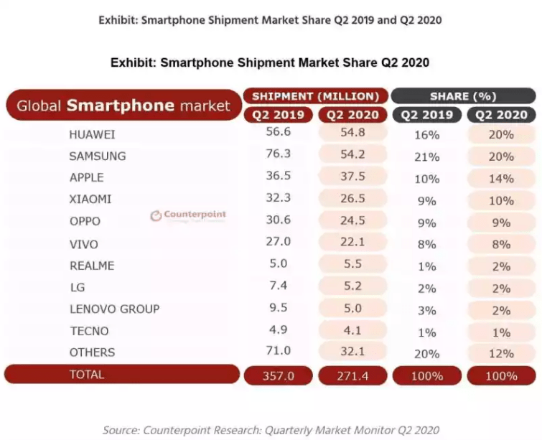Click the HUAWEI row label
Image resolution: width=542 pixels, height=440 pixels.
[92, 134]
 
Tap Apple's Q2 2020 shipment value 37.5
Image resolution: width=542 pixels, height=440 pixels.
[352, 177]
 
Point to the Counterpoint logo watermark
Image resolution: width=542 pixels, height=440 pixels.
[187, 215]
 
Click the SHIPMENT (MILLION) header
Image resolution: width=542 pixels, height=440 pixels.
[316, 96]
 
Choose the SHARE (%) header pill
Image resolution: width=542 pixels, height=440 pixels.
[463, 96]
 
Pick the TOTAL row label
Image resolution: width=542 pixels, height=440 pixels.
[86, 374]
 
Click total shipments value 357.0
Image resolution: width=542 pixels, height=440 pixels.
[279, 375]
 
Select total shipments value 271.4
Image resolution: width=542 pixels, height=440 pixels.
[352, 375]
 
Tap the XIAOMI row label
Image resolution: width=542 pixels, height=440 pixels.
[90, 200]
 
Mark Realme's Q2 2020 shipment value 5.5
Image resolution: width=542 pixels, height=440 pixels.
[352, 265]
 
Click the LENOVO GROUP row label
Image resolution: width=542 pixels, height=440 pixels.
[114, 309]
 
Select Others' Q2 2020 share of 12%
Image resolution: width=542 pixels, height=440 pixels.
[500, 353]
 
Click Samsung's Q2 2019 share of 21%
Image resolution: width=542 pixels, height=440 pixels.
[426, 156]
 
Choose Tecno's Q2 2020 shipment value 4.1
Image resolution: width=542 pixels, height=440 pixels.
[352, 331]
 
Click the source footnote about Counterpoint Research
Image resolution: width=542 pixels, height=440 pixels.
[271, 430]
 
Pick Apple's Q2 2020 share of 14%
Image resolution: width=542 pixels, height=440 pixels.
[500, 178]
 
